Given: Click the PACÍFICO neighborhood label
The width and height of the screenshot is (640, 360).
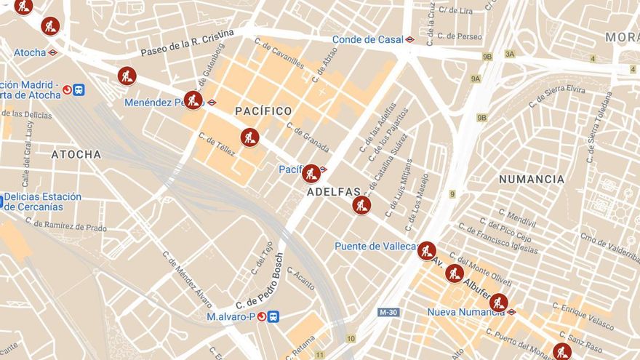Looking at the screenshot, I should click(x=263, y=111).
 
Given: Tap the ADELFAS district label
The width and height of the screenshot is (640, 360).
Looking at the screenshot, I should click(x=334, y=192).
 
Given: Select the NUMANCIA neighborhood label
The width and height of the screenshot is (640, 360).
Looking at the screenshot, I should click(x=532, y=179).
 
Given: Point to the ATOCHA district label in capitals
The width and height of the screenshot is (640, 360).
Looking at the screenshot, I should click(x=76, y=154).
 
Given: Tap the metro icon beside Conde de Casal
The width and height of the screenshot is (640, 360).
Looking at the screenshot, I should click(x=410, y=39).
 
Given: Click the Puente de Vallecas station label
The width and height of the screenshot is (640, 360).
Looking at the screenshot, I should click(x=375, y=247).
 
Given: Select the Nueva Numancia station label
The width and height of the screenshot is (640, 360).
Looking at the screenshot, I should click(x=465, y=312).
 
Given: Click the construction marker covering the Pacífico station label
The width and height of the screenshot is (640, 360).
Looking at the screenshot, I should click(x=311, y=173).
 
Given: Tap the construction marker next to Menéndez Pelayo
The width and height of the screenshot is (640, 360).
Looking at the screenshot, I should click(x=193, y=100).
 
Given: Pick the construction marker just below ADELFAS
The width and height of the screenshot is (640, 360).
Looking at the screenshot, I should click(x=361, y=205).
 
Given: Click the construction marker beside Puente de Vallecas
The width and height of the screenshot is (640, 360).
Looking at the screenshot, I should click(x=427, y=251).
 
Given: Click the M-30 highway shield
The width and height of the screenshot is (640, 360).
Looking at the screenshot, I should click(x=388, y=312).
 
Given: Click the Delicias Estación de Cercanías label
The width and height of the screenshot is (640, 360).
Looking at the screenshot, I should click(x=43, y=201).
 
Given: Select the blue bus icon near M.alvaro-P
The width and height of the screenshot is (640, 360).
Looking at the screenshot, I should click(x=273, y=316).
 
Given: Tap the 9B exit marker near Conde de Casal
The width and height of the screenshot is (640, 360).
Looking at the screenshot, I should click(x=487, y=56).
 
